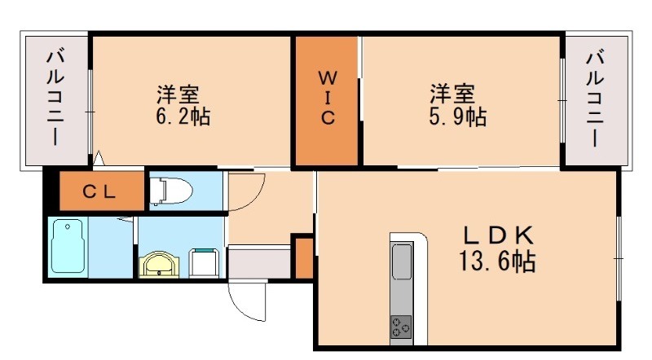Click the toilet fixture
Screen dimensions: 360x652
click(170, 191)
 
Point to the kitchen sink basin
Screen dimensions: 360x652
click(403, 263)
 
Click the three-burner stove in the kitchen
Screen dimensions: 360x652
click(402, 327)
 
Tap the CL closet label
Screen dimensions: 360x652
click(102, 192)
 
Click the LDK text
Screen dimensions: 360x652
click(498, 236)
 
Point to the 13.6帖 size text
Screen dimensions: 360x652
click(498, 262)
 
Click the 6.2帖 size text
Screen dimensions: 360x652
click(183, 116)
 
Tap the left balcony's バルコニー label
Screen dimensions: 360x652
click(55, 98)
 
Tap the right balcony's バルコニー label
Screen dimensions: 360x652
click(596, 98)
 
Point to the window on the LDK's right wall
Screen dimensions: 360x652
click(620, 257)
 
